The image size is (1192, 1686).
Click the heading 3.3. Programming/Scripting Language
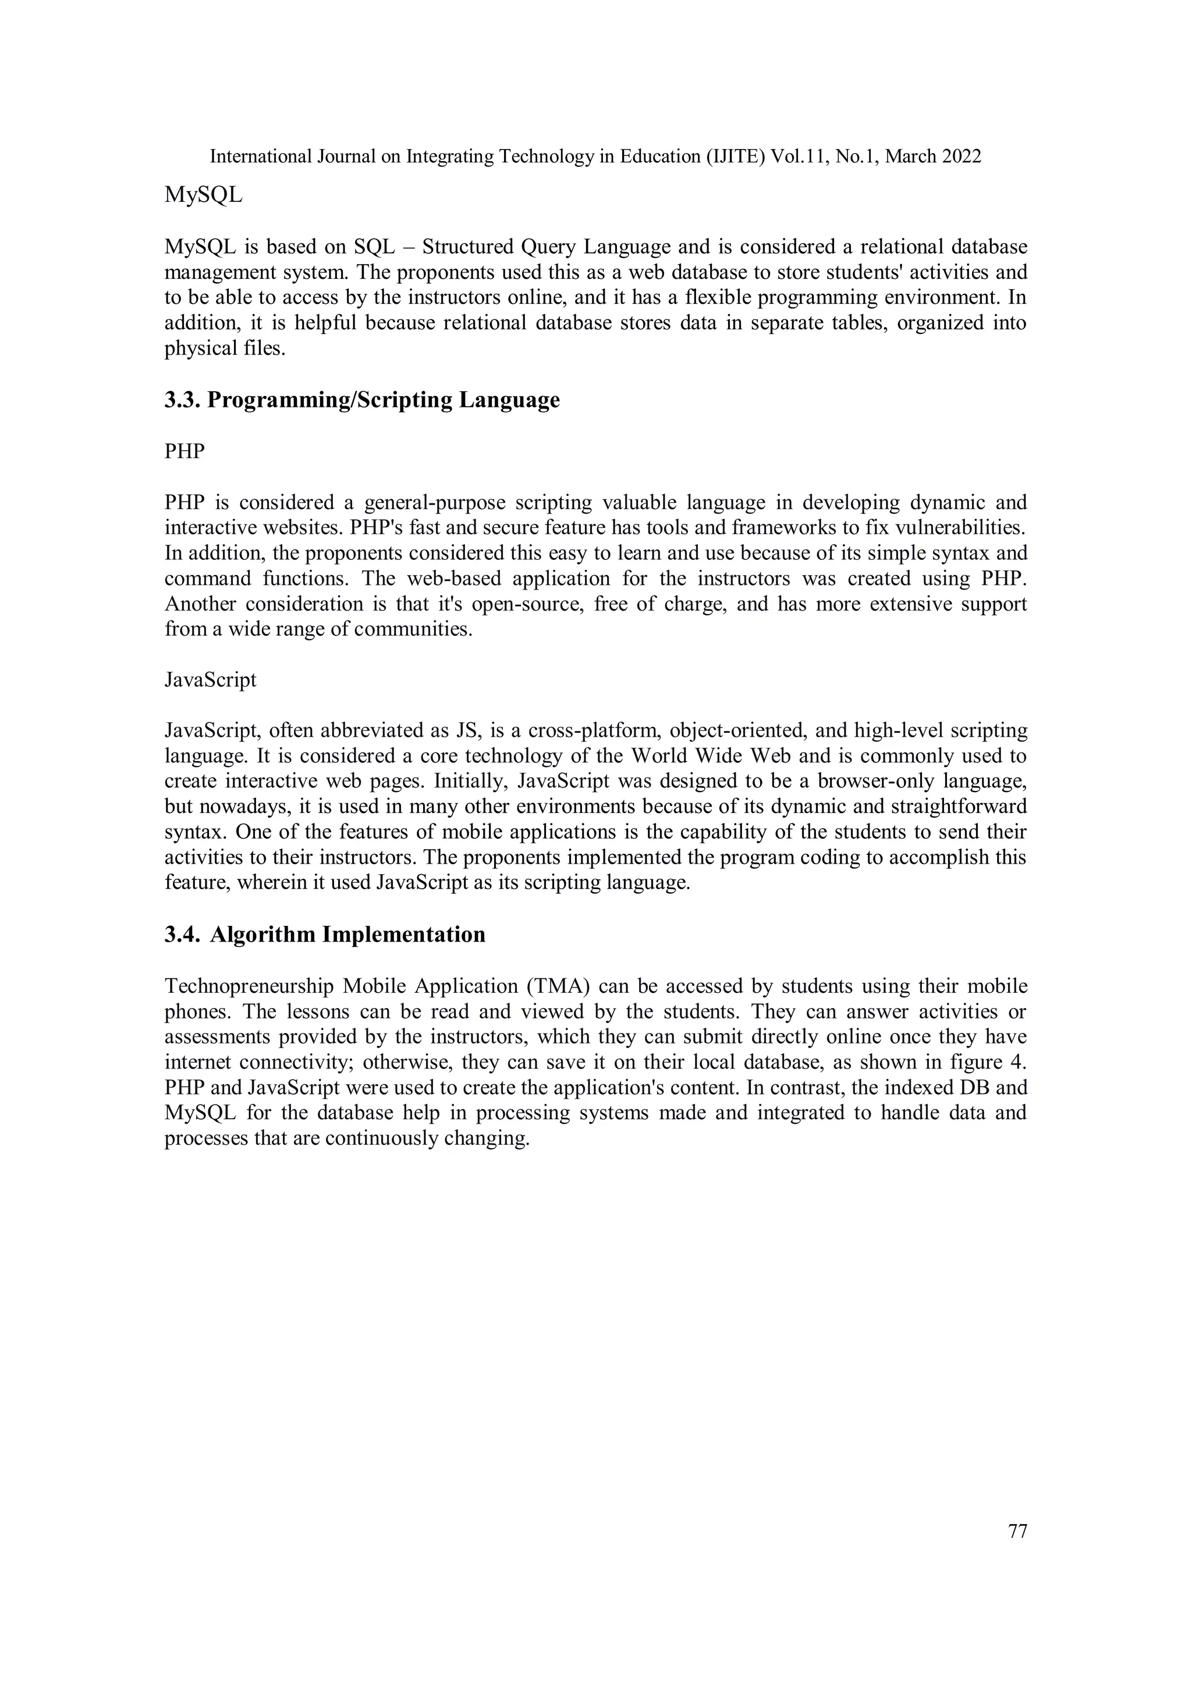click(361, 400)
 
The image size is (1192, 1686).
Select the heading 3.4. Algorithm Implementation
click(325, 935)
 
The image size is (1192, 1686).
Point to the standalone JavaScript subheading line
click(211, 680)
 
